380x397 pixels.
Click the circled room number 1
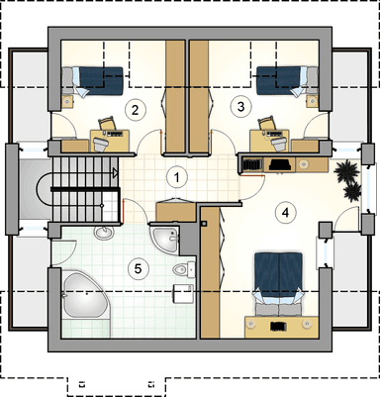pos(177,177)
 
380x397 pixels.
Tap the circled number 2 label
pos(135,110)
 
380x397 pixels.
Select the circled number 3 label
pos(240,107)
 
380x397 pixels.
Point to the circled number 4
pos(285,213)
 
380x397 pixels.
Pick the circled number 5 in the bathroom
pos(138,268)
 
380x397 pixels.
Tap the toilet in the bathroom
pos(184,269)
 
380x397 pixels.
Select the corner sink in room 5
pos(165,239)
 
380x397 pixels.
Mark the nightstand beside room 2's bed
pos(68,102)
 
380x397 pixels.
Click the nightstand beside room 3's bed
pos(312,101)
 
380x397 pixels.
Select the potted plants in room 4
pos(347,179)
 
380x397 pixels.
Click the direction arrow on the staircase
pos(115,172)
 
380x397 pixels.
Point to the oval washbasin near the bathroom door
pos(104,233)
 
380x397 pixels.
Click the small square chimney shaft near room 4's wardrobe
pos(205,224)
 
